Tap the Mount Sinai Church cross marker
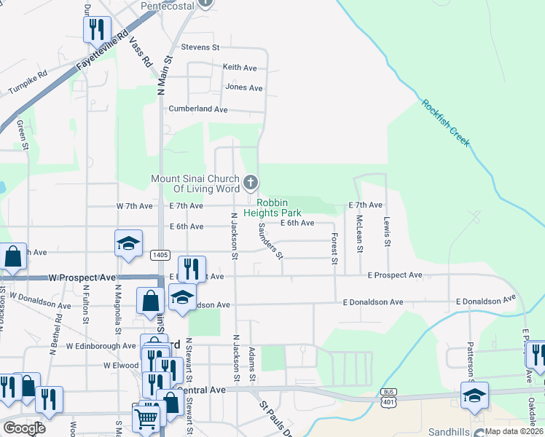pyautogui.click(x=250, y=181)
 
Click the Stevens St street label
pyautogui.click(x=200, y=47)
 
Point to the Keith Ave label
pyautogui.click(x=240, y=68)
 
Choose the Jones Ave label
pyautogui.click(x=243, y=88)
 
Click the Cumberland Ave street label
pyautogui.click(x=198, y=109)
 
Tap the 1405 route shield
pyautogui.click(x=161, y=255)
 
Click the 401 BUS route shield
pyautogui.click(x=388, y=396)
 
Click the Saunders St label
pyautogui.click(x=270, y=240)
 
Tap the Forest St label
pyautogui.click(x=334, y=248)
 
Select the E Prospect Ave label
pyautogui.click(x=395, y=275)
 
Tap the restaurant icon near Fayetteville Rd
pyautogui.click(x=96, y=30)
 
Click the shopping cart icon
pyautogui.click(x=146, y=419)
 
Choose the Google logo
pyautogui.click(x=24, y=428)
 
